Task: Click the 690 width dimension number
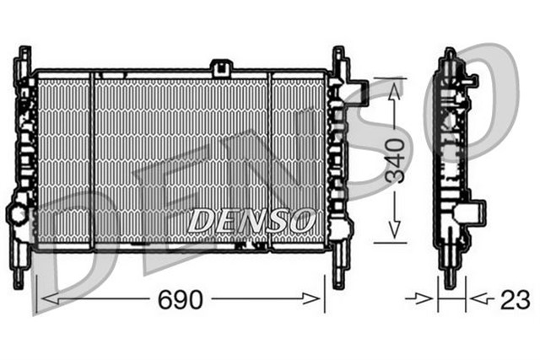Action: click(181, 299)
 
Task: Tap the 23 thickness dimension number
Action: click(515, 299)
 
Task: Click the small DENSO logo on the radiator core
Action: click(251, 222)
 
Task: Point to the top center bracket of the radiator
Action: click(222, 66)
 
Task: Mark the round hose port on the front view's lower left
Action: click(19, 212)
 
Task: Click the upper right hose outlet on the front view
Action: click(357, 88)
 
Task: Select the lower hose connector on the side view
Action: click(475, 212)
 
